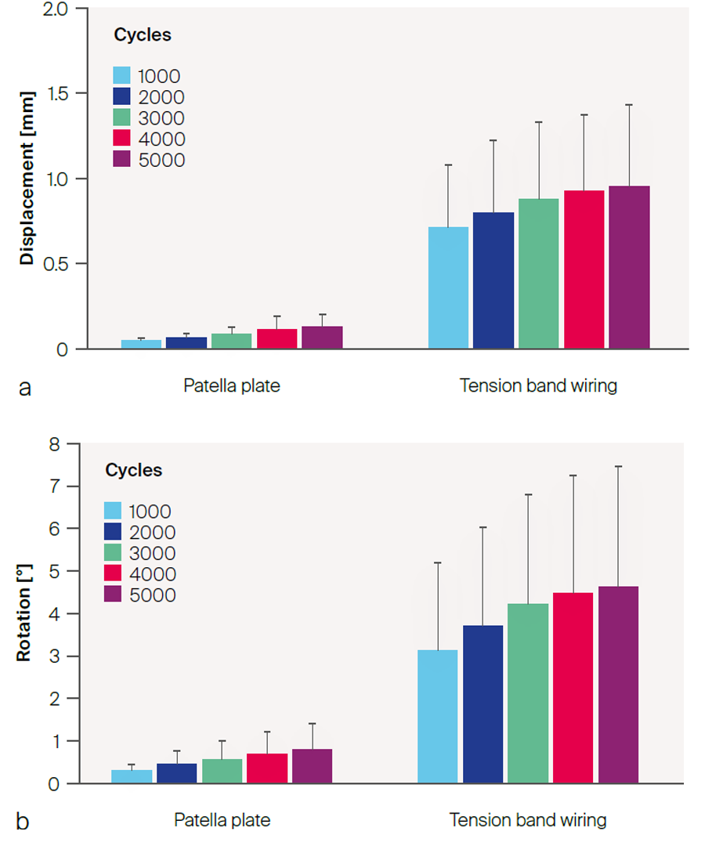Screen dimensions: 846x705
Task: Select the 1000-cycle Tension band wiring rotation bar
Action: (x=437, y=716)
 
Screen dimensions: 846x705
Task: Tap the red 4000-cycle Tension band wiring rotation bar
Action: (x=573, y=688)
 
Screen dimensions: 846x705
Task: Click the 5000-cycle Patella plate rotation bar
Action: (x=312, y=765)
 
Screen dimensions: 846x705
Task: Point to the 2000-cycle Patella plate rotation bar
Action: (x=176, y=772)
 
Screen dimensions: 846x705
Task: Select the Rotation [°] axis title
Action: (x=25, y=614)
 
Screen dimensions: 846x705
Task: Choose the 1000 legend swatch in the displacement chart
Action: (x=121, y=76)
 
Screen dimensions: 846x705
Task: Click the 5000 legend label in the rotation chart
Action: (x=152, y=595)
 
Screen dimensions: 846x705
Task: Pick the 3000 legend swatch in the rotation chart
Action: (x=112, y=553)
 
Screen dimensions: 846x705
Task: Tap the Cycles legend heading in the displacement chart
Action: (x=142, y=35)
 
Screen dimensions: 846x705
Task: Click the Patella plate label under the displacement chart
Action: (x=231, y=386)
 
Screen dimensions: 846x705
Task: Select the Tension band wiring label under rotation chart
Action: (x=527, y=821)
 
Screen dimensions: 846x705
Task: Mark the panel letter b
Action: (x=23, y=822)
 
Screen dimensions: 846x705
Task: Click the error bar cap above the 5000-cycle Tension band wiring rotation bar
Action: (x=619, y=467)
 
